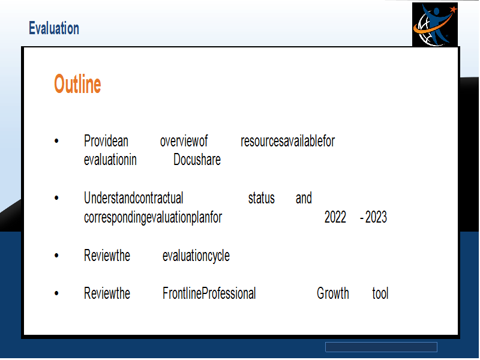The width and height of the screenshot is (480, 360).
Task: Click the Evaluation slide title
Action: [x=54, y=28]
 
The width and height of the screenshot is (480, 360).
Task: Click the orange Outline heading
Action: [x=77, y=83]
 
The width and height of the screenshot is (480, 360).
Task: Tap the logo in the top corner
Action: [x=434, y=25]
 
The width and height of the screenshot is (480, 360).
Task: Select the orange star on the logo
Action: [x=453, y=10]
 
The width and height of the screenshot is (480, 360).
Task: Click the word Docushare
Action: [x=197, y=160]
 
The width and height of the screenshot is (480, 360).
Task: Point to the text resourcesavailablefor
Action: [x=288, y=141]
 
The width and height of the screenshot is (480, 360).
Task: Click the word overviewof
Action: [x=184, y=141]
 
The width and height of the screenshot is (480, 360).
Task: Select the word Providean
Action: [x=106, y=141]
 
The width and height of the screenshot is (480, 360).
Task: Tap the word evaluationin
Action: [x=110, y=160]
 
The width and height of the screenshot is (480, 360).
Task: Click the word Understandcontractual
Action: [x=133, y=198]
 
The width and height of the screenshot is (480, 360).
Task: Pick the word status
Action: [x=262, y=199]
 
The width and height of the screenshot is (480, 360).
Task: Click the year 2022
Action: [x=335, y=217]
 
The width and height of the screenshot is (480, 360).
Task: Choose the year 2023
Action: [x=376, y=217]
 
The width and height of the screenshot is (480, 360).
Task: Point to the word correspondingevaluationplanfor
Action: [x=153, y=218]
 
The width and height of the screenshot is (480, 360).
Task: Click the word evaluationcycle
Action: [x=196, y=256]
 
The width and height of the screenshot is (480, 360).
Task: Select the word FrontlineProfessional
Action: [x=209, y=293]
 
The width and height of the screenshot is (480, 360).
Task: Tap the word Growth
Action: [x=333, y=293]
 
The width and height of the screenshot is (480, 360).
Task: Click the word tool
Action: [x=380, y=293]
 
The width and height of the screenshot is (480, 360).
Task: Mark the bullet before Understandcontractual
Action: [x=56, y=198]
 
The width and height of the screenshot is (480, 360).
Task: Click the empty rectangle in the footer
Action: [x=381, y=347]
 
